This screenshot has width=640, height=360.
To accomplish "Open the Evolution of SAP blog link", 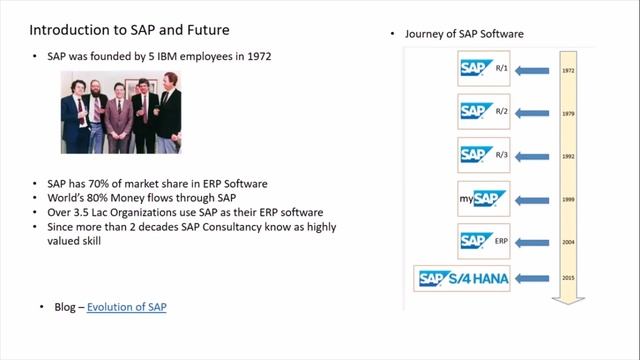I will click(x=126, y=306).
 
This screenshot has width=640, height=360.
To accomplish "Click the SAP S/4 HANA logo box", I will click(x=463, y=280).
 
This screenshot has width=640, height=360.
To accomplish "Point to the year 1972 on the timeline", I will click(x=568, y=71).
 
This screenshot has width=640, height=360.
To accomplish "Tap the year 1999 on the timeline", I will click(x=568, y=198).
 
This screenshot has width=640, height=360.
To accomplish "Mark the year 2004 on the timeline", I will click(x=568, y=241).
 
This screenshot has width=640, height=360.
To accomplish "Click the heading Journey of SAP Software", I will click(x=463, y=34).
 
